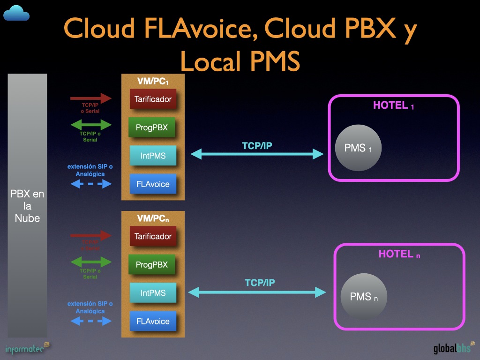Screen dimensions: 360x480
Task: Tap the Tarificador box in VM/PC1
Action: point(153,99)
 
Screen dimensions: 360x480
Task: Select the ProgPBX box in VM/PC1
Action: point(151,127)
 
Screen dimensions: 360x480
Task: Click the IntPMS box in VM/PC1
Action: point(153,156)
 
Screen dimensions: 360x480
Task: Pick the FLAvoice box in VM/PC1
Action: point(153,184)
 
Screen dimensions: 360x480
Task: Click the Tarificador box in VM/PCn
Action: point(153,236)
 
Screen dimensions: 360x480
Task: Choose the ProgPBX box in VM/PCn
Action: point(151,265)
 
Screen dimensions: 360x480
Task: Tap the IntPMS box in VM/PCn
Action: point(153,293)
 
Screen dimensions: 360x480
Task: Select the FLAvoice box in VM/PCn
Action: point(153,322)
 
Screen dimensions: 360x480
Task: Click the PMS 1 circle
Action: point(358,148)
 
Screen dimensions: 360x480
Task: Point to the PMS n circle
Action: point(364,296)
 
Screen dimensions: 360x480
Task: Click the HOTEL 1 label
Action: point(393,105)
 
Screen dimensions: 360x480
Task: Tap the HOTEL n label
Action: point(399,254)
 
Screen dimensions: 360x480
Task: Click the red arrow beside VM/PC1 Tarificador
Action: point(91,98)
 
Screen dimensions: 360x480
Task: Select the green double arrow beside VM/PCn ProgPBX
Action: point(91,262)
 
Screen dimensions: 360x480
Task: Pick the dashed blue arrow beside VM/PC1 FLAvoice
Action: point(91,184)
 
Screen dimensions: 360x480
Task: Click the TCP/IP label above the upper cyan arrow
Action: point(257,146)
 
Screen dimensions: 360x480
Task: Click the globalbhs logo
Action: point(453,349)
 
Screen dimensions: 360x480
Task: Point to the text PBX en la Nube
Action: point(27,206)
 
